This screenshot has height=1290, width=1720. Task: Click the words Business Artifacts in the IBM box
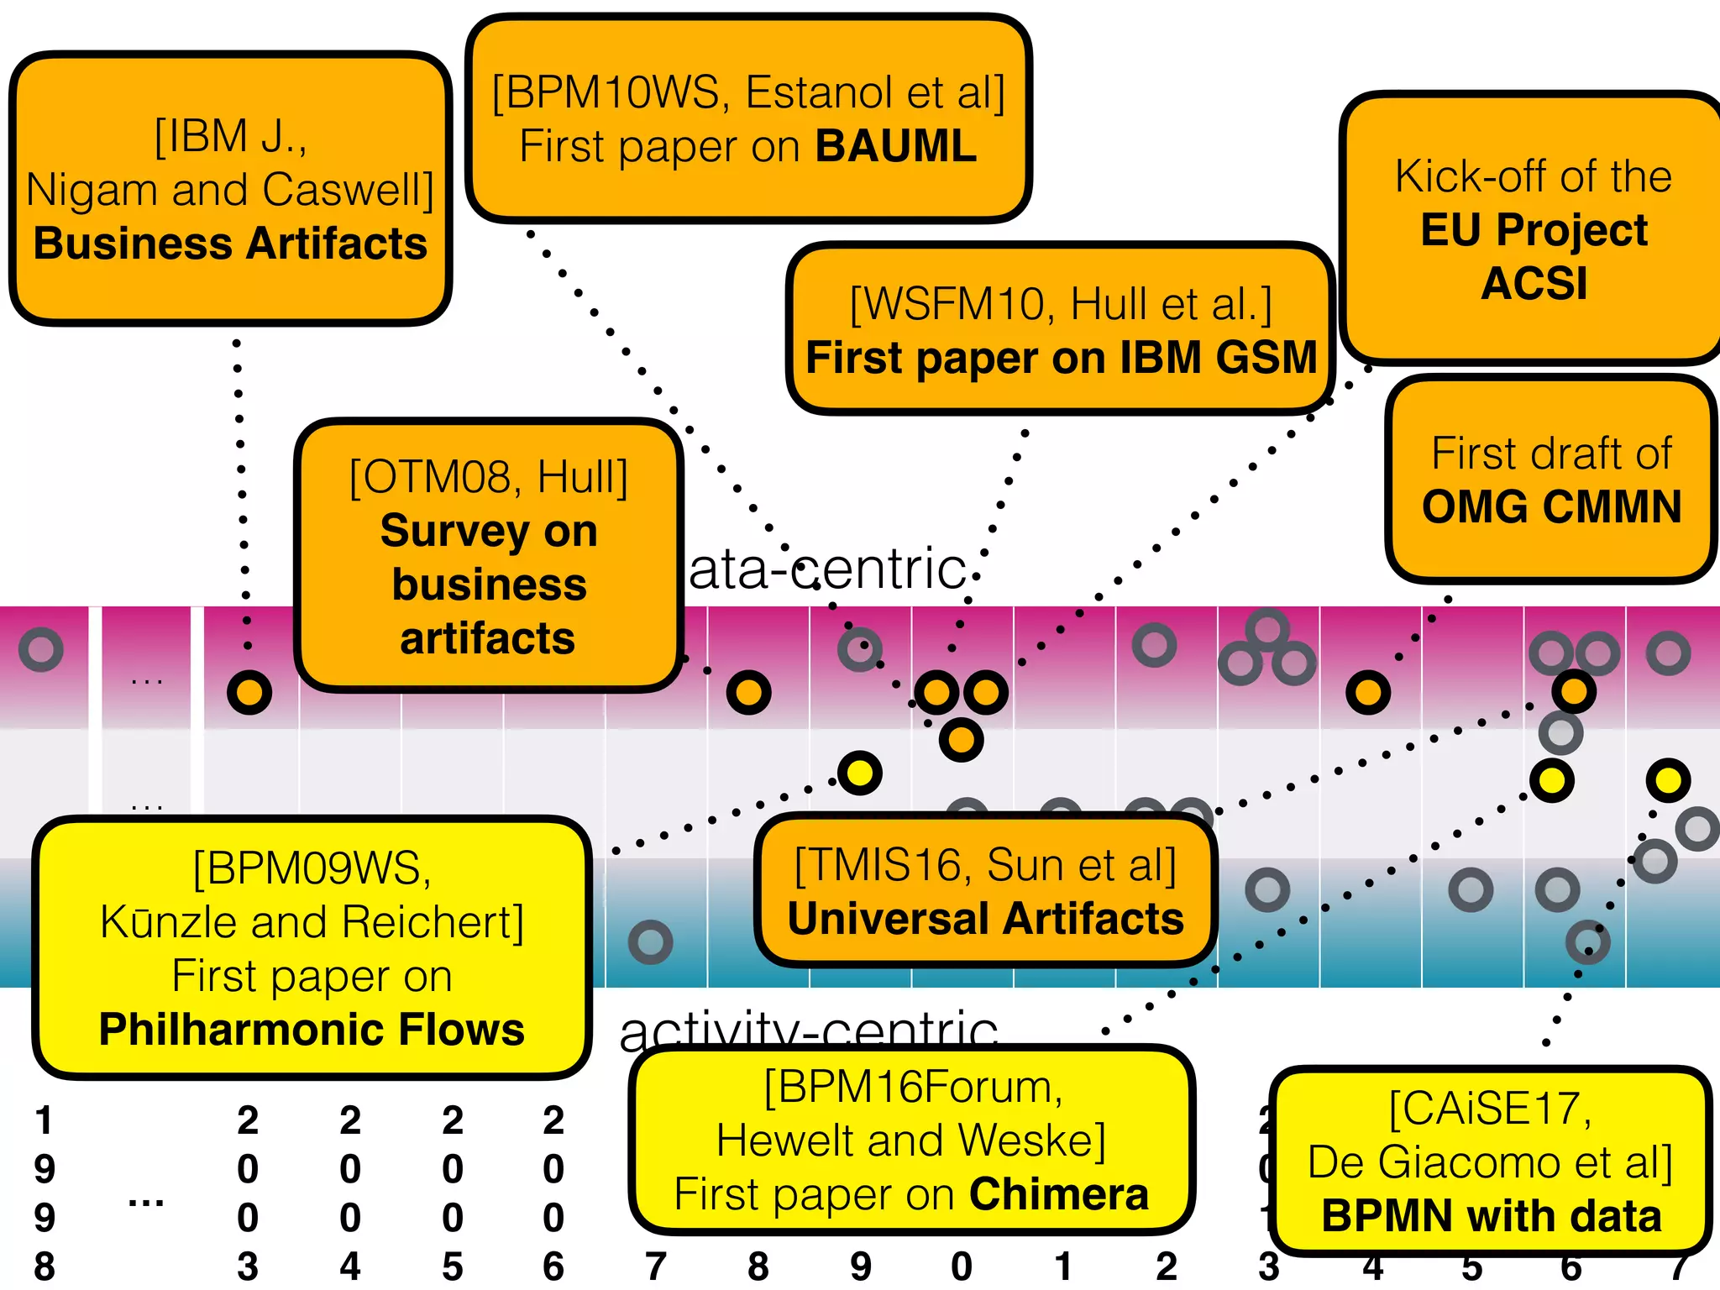(230, 244)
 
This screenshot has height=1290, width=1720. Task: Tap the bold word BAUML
(896, 146)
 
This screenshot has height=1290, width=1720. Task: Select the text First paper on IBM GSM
(1061, 358)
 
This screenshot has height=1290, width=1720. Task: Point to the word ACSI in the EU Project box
(1534, 283)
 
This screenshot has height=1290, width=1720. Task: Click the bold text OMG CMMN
(1551, 507)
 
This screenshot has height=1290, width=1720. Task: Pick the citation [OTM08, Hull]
(488, 477)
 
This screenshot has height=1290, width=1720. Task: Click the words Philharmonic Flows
(312, 1030)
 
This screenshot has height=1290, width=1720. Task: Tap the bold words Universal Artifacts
(985, 919)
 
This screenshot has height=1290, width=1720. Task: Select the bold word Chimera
(1058, 1194)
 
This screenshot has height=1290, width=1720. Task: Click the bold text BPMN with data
(1491, 1216)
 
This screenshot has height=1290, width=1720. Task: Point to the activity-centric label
(808, 1030)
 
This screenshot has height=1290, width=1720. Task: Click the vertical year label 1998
(45, 1193)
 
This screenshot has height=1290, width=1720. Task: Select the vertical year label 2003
(248, 1193)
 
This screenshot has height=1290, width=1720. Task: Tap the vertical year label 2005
(453, 1193)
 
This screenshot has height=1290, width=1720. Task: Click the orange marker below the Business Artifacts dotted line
(249, 693)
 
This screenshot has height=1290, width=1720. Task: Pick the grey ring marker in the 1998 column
(41, 649)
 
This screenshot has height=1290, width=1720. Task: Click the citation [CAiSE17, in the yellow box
(1489, 1109)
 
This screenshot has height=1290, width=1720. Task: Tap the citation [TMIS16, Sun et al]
(985, 865)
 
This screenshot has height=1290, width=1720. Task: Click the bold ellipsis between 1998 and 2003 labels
(146, 1202)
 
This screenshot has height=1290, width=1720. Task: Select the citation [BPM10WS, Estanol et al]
(748, 92)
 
